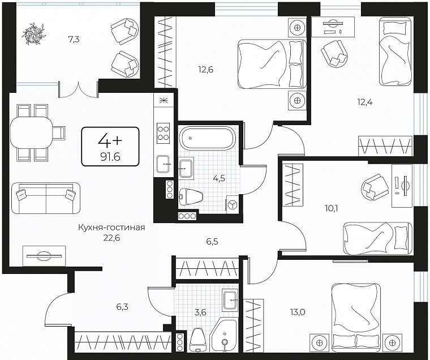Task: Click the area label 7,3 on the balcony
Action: (74, 40)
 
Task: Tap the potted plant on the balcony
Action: (33, 33)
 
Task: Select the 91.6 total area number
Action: (110, 157)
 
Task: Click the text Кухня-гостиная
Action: (111, 228)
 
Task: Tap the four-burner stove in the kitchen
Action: (163, 133)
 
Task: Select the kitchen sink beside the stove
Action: (163, 164)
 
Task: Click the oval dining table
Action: (31, 132)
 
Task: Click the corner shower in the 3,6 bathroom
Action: (224, 335)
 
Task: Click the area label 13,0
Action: (298, 312)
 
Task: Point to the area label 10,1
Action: (332, 209)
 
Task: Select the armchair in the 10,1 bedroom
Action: (375, 187)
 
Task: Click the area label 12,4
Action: (365, 102)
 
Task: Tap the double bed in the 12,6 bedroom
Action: (272, 64)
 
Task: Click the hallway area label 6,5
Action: (212, 242)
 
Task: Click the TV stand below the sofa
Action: (44, 256)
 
